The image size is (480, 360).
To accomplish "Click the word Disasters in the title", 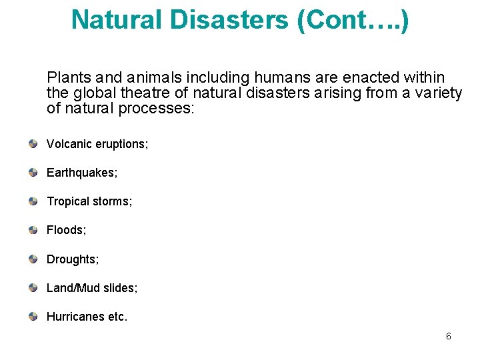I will pyautogui.click(x=229, y=19).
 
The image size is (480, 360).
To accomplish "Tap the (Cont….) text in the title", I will pyautogui.click(x=354, y=19).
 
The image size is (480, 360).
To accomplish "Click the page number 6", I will pyautogui.click(x=449, y=337).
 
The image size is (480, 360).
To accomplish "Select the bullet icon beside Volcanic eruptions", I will pyautogui.click(x=33, y=144).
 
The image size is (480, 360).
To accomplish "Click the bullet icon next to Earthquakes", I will pyautogui.click(x=33, y=173).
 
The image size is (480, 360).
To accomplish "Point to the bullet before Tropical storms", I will pyautogui.click(x=33, y=201).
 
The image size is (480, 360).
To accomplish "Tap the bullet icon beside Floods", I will pyautogui.click(x=33, y=230).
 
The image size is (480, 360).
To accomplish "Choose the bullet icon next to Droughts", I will pyautogui.click(x=33, y=259).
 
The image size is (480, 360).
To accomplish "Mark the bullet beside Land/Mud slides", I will pyautogui.click(x=33, y=288).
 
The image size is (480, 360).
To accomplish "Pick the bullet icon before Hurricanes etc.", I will pyautogui.click(x=33, y=317).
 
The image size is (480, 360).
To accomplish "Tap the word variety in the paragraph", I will pyautogui.click(x=438, y=93).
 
